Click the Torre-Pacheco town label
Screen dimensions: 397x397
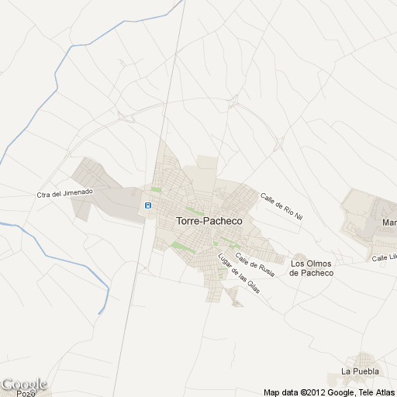(209, 221)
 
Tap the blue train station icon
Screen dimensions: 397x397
(147, 205)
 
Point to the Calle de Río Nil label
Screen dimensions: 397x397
(280, 206)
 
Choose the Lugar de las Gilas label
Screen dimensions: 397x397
(239, 274)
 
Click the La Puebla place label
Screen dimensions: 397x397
(360, 371)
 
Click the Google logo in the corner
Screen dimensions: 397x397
(24, 384)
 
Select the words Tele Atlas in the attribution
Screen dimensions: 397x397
(375, 392)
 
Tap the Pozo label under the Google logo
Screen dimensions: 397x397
(26, 394)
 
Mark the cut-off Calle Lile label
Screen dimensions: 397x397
(384, 257)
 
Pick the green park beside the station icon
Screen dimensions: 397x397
(156, 190)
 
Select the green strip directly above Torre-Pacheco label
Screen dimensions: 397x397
(194, 209)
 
